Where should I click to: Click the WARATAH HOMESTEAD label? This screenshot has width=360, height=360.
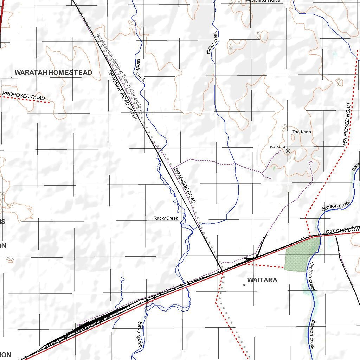tap(53, 73)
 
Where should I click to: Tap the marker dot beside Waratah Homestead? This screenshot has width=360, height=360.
tap(12, 77)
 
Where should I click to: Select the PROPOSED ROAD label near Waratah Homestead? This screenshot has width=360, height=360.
tap(23, 95)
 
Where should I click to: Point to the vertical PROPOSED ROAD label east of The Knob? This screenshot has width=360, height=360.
tap(347, 124)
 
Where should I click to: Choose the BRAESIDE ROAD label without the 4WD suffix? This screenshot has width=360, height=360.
tap(185, 186)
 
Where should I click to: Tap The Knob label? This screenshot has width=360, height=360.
tap(302, 132)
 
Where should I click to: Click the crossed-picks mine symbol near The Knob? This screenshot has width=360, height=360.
tap(288, 151)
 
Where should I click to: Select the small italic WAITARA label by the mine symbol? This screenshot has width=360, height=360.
tap(277, 147)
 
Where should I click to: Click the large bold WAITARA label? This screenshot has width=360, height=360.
tap(262, 280)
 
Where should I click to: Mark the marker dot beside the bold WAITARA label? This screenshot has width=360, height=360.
tap(244, 285)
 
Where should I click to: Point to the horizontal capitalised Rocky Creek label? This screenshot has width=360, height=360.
tap(166, 218)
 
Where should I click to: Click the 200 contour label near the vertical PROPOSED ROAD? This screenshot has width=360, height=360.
tap(339, 82)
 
